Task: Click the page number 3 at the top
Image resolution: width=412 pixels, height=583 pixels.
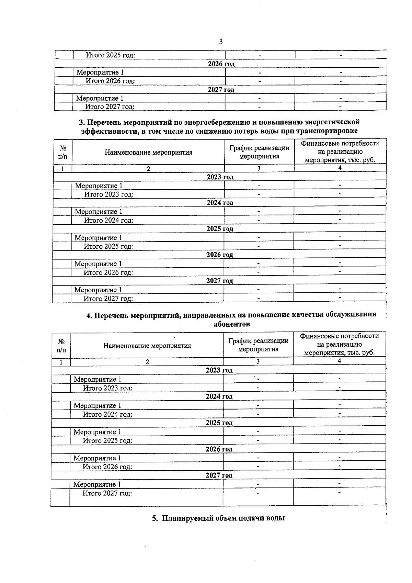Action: (220, 42)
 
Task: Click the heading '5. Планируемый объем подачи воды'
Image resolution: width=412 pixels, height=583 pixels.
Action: (218, 518)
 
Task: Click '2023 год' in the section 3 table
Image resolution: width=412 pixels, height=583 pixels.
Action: (220, 177)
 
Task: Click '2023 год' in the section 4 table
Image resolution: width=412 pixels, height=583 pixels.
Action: (219, 370)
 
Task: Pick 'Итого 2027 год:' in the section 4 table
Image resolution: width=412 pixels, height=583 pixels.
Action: (107, 493)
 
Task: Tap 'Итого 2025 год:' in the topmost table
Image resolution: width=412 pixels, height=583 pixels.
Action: (110, 55)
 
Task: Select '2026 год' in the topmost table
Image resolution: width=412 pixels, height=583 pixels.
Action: (221, 64)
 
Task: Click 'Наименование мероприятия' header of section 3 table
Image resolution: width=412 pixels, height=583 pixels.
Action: (148, 152)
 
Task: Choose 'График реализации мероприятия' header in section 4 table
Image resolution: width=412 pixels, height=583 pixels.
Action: (258, 345)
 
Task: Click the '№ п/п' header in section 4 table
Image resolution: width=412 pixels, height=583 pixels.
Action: (61, 346)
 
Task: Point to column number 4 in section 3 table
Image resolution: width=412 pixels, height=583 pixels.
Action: (340, 168)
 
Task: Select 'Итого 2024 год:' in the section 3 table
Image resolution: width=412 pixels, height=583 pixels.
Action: (108, 220)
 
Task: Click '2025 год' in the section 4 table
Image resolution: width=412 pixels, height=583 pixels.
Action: (219, 423)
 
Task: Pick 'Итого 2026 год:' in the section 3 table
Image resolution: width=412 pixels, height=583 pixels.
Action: (108, 272)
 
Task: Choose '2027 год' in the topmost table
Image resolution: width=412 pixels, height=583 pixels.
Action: (221, 90)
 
